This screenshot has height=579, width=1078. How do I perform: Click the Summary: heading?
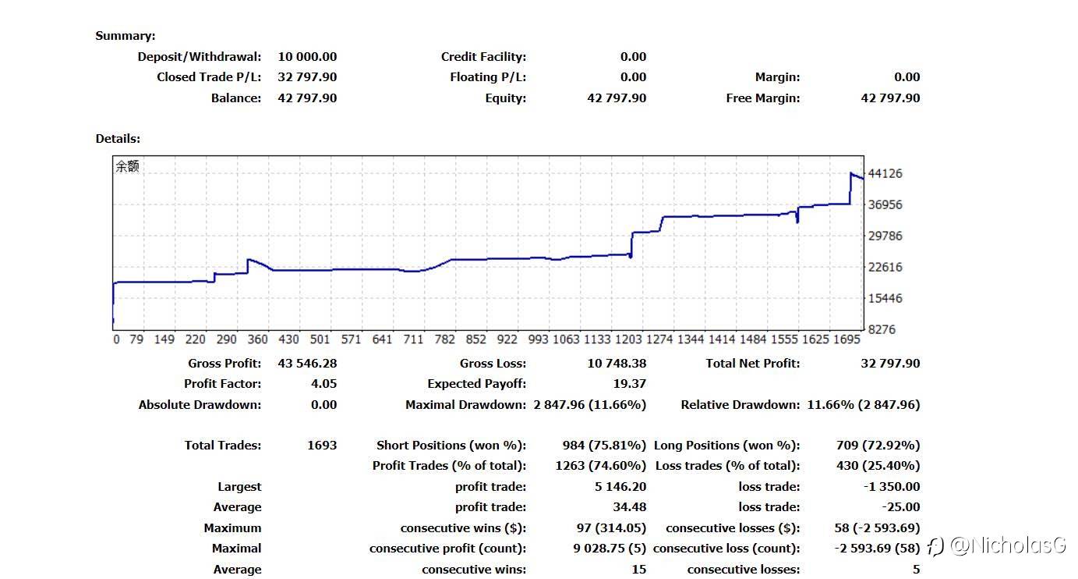(125, 36)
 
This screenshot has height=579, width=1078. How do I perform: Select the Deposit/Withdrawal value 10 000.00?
(307, 56)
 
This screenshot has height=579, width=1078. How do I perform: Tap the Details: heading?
(118, 139)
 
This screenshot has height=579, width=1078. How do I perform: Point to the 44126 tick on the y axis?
(885, 173)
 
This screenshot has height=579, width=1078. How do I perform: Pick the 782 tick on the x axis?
(444, 339)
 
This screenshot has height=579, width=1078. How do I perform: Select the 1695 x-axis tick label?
(846, 339)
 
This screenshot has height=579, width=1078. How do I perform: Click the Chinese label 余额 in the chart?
(127, 166)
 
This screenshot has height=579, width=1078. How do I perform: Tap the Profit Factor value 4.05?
(323, 384)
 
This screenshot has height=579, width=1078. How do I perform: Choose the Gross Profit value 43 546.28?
(307, 363)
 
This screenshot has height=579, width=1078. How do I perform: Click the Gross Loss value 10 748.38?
(617, 363)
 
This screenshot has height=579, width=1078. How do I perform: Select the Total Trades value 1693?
(322, 445)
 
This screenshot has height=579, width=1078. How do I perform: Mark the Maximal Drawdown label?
(465, 405)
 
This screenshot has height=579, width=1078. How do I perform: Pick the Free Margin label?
(762, 98)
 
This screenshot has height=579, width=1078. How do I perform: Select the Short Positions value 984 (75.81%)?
(604, 445)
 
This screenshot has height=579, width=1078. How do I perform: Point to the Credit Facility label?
(483, 56)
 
